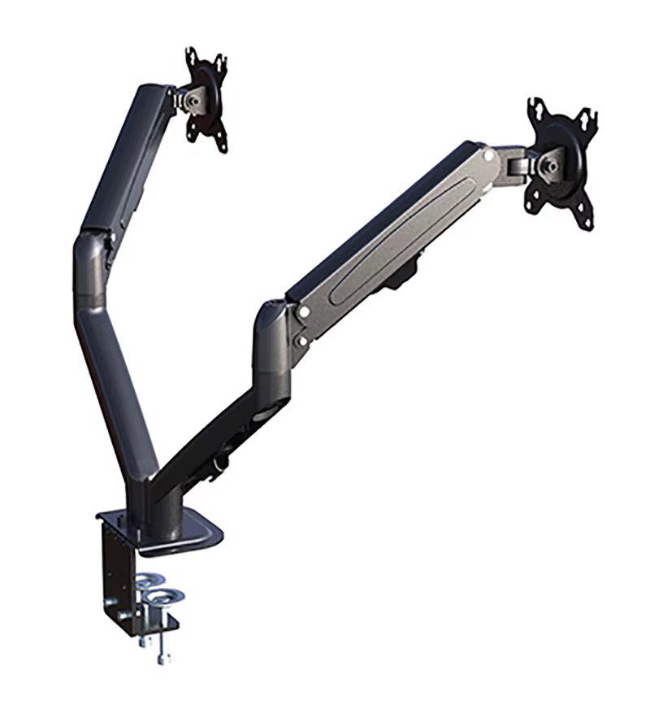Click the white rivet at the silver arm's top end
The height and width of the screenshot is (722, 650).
(x=490, y=152)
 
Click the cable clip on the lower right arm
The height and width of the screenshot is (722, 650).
(x=217, y=465)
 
